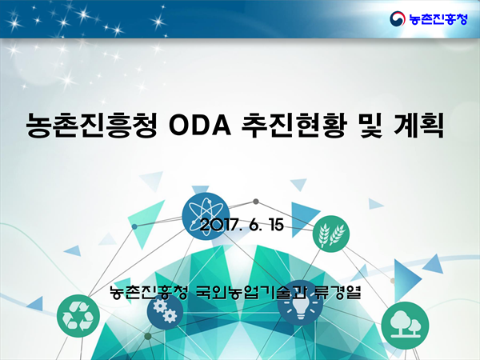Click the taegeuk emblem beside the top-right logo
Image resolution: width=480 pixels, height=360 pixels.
[398, 19]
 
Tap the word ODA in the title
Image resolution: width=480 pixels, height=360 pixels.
[199, 126]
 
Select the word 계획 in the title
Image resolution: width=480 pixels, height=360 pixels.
[418, 126]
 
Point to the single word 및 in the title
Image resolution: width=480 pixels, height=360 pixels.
[370, 126]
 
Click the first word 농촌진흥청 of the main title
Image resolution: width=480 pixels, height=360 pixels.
[92, 126]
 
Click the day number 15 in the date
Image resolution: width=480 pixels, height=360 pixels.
[277, 226]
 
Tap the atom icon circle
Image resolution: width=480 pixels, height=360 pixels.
[206, 216]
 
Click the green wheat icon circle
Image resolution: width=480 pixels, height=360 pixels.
[331, 234]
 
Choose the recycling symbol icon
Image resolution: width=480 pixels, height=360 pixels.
[78, 316]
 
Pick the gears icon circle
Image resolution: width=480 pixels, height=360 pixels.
[165, 312]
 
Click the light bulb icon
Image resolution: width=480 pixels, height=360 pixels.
[300, 306]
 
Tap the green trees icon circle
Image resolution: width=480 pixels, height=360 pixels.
[405, 325]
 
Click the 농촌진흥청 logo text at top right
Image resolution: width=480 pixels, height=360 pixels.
[438, 19]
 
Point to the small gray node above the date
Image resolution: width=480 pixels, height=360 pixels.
[256, 202]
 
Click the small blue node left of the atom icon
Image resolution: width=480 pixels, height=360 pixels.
[134, 226]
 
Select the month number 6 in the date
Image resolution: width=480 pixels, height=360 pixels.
[253, 226]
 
